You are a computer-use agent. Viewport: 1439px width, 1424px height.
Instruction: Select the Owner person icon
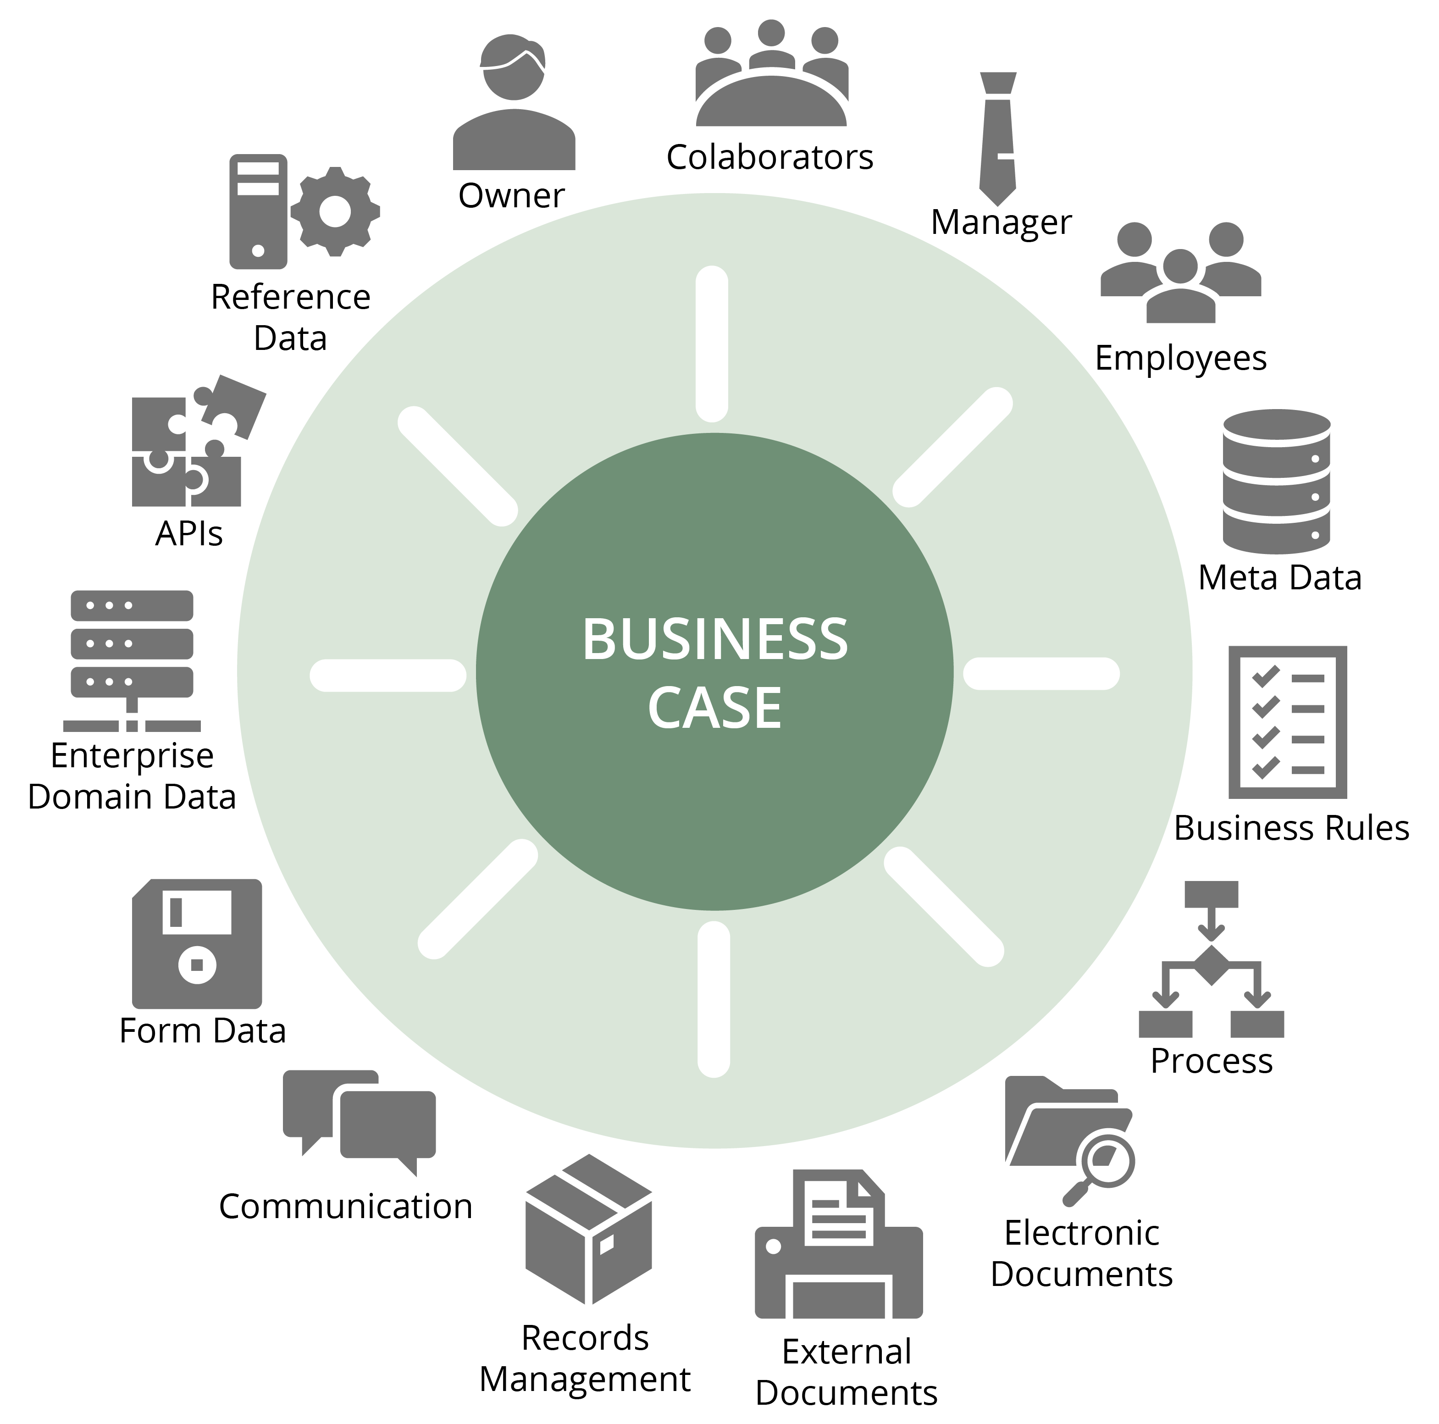pyautogui.click(x=514, y=104)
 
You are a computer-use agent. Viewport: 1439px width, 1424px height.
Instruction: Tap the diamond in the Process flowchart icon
pyautogui.click(x=1211, y=965)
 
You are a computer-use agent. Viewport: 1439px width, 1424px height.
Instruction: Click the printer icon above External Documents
pyautogui.click(x=839, y=1245)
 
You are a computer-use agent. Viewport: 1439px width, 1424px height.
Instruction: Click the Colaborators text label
pyautogui.click(x=769, y=158)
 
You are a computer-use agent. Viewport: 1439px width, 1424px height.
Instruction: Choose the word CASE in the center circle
pyautogui.click(x=714, y=708)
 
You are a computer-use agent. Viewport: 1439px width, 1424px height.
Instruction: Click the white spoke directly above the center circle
pyautogui.click(x=712, y=344)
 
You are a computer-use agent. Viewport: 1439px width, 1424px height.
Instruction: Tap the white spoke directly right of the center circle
pyautogui.click(x=1041, y=674)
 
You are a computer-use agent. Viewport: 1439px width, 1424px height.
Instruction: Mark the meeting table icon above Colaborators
pyautogui.click(x=772, y=78)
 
